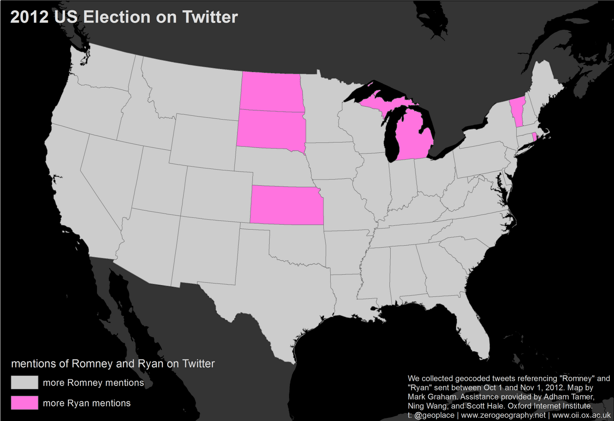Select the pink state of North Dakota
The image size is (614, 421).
[271, 91]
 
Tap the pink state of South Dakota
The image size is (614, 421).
[271, 129]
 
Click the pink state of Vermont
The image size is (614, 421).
[517, 111]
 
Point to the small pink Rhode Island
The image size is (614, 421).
[534, 137]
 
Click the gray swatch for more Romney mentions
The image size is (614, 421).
[25, 382]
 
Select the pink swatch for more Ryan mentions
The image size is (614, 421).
[25, 403]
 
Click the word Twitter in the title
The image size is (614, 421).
[210, 17]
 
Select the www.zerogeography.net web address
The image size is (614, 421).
[503, 415]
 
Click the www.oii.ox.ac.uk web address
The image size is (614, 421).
[581, 415]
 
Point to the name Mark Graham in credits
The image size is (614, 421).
[431, 397]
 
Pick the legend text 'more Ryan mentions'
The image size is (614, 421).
[87, 403]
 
